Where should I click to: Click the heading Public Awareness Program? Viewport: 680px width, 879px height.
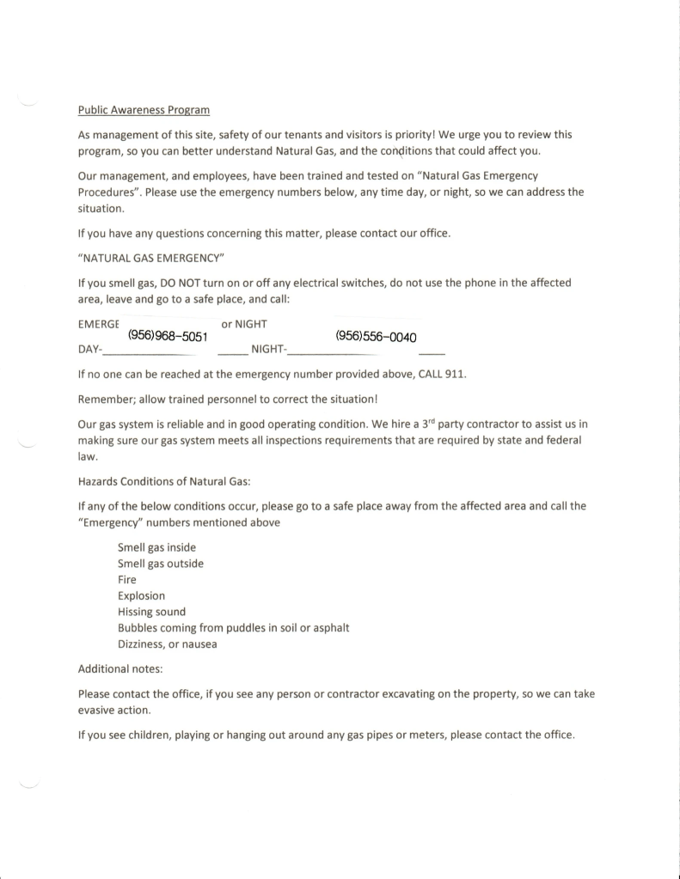tap(144, 111)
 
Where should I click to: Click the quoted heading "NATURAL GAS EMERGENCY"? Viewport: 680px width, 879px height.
tap(150, 258)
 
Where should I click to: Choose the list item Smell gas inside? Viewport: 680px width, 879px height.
tap(160, 548)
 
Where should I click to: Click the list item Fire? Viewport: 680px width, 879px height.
tap(126, 579)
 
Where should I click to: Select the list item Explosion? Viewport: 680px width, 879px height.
tap(141, 595)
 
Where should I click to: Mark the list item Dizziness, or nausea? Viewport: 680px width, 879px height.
tap(167, 644)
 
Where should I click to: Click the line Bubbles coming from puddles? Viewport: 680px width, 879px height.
tap(233, 627)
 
